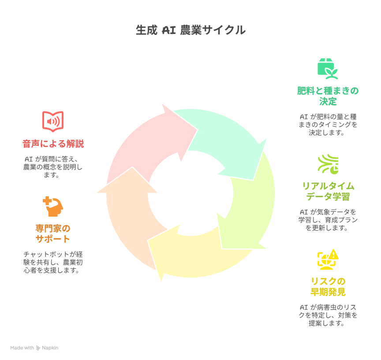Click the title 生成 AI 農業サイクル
[x=190, y=30]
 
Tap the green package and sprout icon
[x=328, y=69]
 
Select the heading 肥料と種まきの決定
[x=328, y=96]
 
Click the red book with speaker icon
[x=53, y=121]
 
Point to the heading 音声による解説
[x=53, y=144]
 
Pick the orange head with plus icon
[x=53, y=206]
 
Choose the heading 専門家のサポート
[x=53, y=233]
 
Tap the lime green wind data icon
[x=328, y=164]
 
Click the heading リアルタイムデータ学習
[x=328, y=191]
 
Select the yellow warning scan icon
[x=328, y=259]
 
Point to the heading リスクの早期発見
[x=328, y=287]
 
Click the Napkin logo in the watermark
[x=38, y=348]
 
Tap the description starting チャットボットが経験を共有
[x=53, y=262]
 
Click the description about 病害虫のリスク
[x=328, y=315]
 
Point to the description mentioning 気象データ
[x=328, y=220]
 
